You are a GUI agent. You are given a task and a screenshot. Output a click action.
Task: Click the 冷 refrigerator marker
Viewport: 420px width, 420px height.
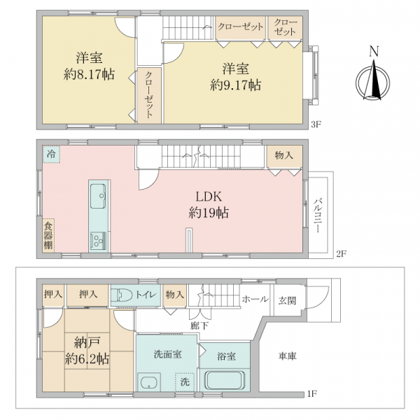pos(51,153)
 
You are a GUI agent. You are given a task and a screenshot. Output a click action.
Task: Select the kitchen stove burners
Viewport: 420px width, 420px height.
pos(97,241)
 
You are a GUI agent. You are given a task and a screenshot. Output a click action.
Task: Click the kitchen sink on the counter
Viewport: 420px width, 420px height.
pos(97,192)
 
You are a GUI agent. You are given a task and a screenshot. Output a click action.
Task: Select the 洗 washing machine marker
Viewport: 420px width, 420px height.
pos(185,382)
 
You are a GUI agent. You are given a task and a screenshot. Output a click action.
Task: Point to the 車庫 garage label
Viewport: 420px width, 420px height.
pos(288,357)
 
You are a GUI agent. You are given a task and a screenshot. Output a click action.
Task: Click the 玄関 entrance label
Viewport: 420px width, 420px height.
pos(288,300)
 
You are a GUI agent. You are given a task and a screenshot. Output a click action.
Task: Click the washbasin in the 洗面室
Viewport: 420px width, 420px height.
pos(148,384)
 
